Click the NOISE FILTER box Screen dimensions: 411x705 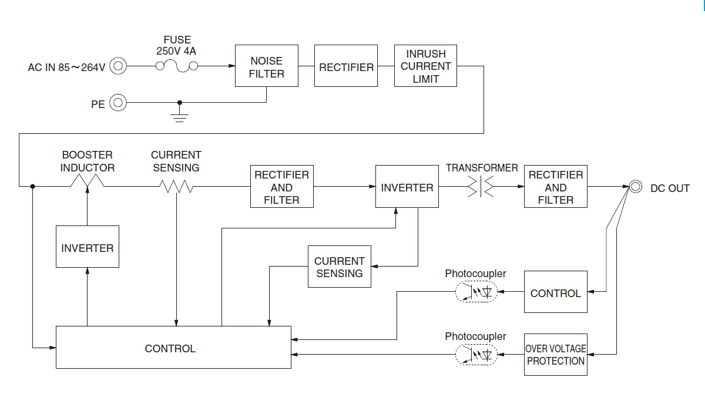tap(266, 66)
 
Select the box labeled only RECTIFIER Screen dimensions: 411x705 tap(346, 66)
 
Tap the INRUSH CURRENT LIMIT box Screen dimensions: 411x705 tap(425, 66)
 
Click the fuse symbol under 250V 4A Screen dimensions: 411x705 tap(176, 66)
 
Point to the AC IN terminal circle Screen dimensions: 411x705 tap(118, 66)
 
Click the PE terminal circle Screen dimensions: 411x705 tap(118, 103)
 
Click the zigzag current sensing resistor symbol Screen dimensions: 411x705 tap(176, 187)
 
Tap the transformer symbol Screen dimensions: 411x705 tap(481, 187)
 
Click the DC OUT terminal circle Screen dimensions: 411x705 tap(635, 187)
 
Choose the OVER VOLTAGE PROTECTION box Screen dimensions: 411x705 tap(555, 355)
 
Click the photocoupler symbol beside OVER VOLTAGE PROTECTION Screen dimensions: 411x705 tap(476, 355)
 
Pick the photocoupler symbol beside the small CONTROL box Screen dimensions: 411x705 tap(476, 292)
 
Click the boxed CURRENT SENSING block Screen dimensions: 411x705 tap(339, 267)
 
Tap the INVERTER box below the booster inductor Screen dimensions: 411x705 tap(87, 247)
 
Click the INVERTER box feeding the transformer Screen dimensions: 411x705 tap(407, 187)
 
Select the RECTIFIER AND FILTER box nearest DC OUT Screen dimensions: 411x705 tap(555, 187)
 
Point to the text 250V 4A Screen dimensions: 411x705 tap(176, 52)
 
